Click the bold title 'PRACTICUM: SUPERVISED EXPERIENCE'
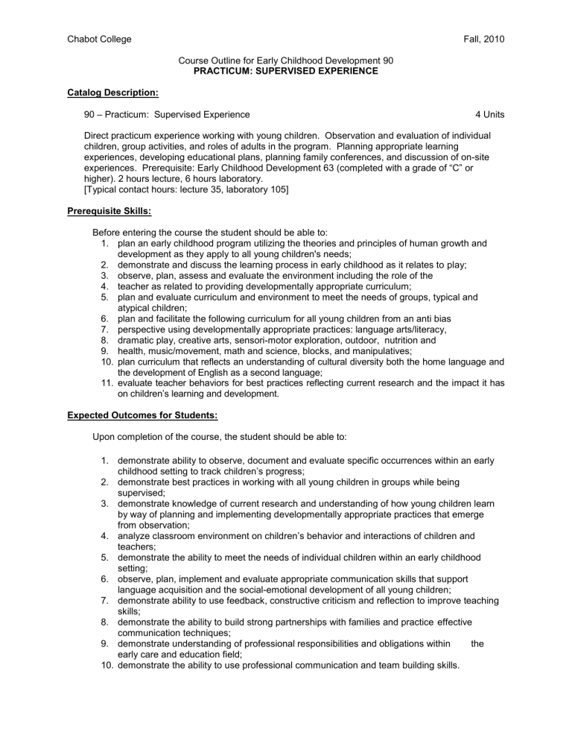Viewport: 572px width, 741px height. tap(286, 71)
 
